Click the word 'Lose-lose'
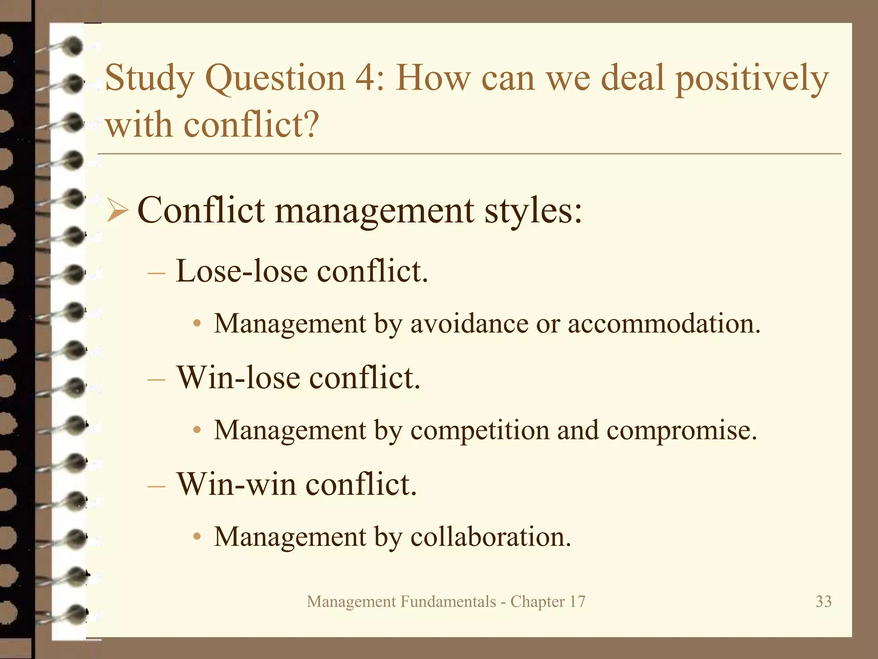pos(242,271)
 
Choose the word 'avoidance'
pos(469,323)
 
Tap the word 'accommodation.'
pos(664,323)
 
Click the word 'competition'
pos(480,430)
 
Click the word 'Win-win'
pos(237,484)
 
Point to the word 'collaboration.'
pos(491,537)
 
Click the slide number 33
pos(823,602)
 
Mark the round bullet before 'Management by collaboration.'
pos(197,537)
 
